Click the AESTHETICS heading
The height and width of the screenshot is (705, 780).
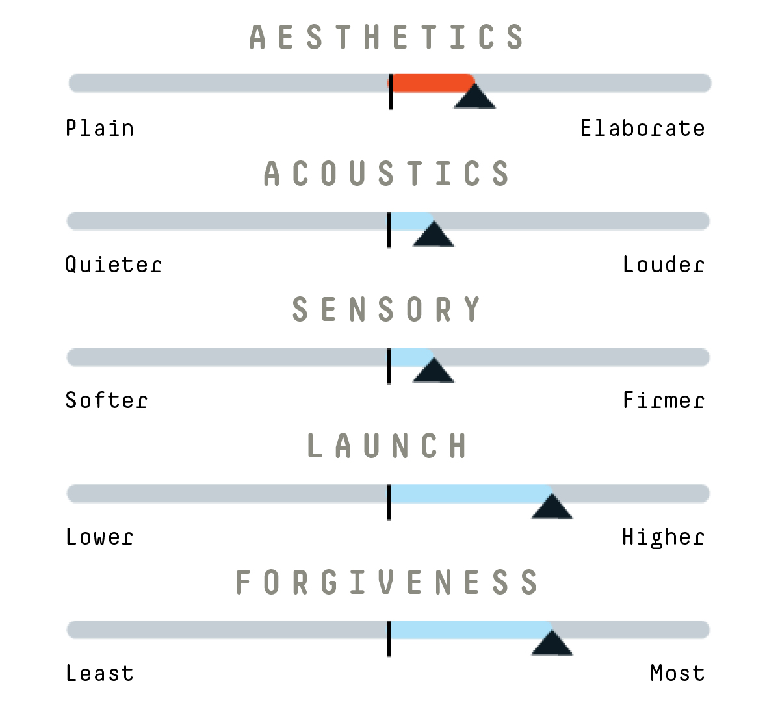(x=387, y=37)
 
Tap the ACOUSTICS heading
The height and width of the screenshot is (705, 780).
(x=387, y=173)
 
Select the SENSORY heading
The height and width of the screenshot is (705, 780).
(x=387, y=309)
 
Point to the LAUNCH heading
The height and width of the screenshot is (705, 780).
(x=387, y=445)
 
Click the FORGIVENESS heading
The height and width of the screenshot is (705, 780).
(x=387, y=582)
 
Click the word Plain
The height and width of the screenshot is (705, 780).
(x=99, y=127)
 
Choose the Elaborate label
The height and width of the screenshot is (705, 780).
(x=642, y=127)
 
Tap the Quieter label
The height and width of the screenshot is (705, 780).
(x=113, y=264)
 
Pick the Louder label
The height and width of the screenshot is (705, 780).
(x=664, y=264)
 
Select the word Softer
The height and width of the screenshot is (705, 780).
(x=106, y=400)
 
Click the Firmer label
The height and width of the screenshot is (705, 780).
(x=664, y=400)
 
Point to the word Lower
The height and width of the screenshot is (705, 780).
(x=99, y=537)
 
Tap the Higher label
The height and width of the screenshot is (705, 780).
(x=664, y=538)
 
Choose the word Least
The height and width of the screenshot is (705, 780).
(x=99, y=673)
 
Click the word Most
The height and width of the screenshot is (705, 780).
(x=677, y=673)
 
